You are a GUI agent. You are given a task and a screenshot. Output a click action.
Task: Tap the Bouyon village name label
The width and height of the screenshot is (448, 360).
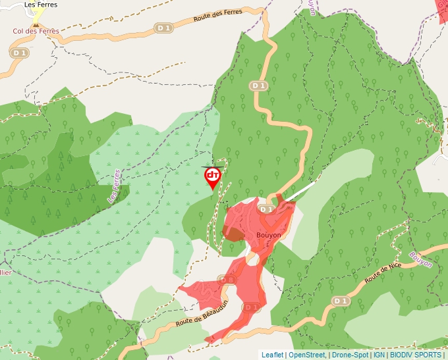click(268, 235)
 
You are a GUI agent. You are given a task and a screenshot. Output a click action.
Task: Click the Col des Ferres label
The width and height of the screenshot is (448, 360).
click(36, 31)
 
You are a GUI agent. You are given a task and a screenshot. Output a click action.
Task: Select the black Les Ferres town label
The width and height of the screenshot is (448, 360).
click(40, 5)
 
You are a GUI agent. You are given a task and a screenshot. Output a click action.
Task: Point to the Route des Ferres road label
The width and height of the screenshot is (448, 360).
click(218, 16)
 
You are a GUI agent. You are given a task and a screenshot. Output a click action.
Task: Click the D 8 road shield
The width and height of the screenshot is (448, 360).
click(227, 280)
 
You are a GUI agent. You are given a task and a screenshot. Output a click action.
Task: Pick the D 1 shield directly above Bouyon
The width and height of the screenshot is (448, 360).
click(266, 209)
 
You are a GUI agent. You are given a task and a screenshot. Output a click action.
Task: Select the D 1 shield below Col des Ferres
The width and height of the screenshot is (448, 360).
click(19, 53)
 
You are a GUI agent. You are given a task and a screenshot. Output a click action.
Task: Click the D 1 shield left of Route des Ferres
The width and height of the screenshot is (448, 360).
click(163, 28)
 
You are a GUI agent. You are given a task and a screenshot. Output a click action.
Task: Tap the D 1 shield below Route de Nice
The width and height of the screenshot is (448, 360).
click(340, 301)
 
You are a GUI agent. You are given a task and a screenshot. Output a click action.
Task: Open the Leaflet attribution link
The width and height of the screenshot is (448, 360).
click(272, 355)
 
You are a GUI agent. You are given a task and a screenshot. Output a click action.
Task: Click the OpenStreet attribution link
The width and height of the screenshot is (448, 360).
click(308, 355)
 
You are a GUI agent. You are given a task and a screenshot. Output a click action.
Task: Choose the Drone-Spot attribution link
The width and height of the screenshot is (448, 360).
click(350, 355)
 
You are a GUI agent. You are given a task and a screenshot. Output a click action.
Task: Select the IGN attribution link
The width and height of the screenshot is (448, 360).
click(379, 355)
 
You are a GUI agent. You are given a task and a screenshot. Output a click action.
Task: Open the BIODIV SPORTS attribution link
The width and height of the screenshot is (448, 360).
click(415, 355)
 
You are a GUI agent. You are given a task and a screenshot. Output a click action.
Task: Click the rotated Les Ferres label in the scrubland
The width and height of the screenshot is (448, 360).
click(114, 186)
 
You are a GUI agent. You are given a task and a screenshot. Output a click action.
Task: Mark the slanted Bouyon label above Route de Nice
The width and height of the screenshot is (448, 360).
click(420, 259)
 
